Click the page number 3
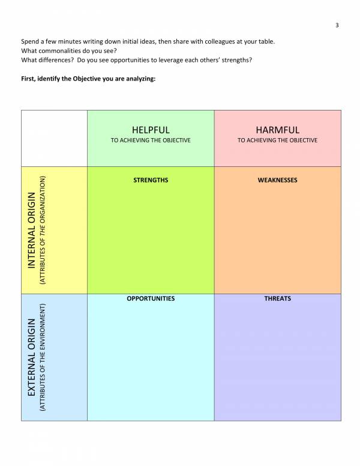pyautogui.click(x=337, y=25)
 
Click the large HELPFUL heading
pyautogui.click(x=151, y=130)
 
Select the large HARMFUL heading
pyautogui.click(x=277, y=130)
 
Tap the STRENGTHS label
pyautogui.click(x=151, y=180)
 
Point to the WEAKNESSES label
pyautogui.click(x=277, y=180)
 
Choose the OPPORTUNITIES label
pyautogui.click(x=151, y=298)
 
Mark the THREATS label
pyautogui.click(x=277, y=298)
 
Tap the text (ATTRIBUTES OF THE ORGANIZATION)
pyautogui.click(x=43, y=230)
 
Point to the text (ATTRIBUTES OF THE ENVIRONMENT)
pyautogui.click(x=43, y=358)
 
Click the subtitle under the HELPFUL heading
pyautogui.click(x=151, y=141)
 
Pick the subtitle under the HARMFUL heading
pyautogui.click(x=277, y=141)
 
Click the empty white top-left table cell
pyautogui.click(x=54, y=138)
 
